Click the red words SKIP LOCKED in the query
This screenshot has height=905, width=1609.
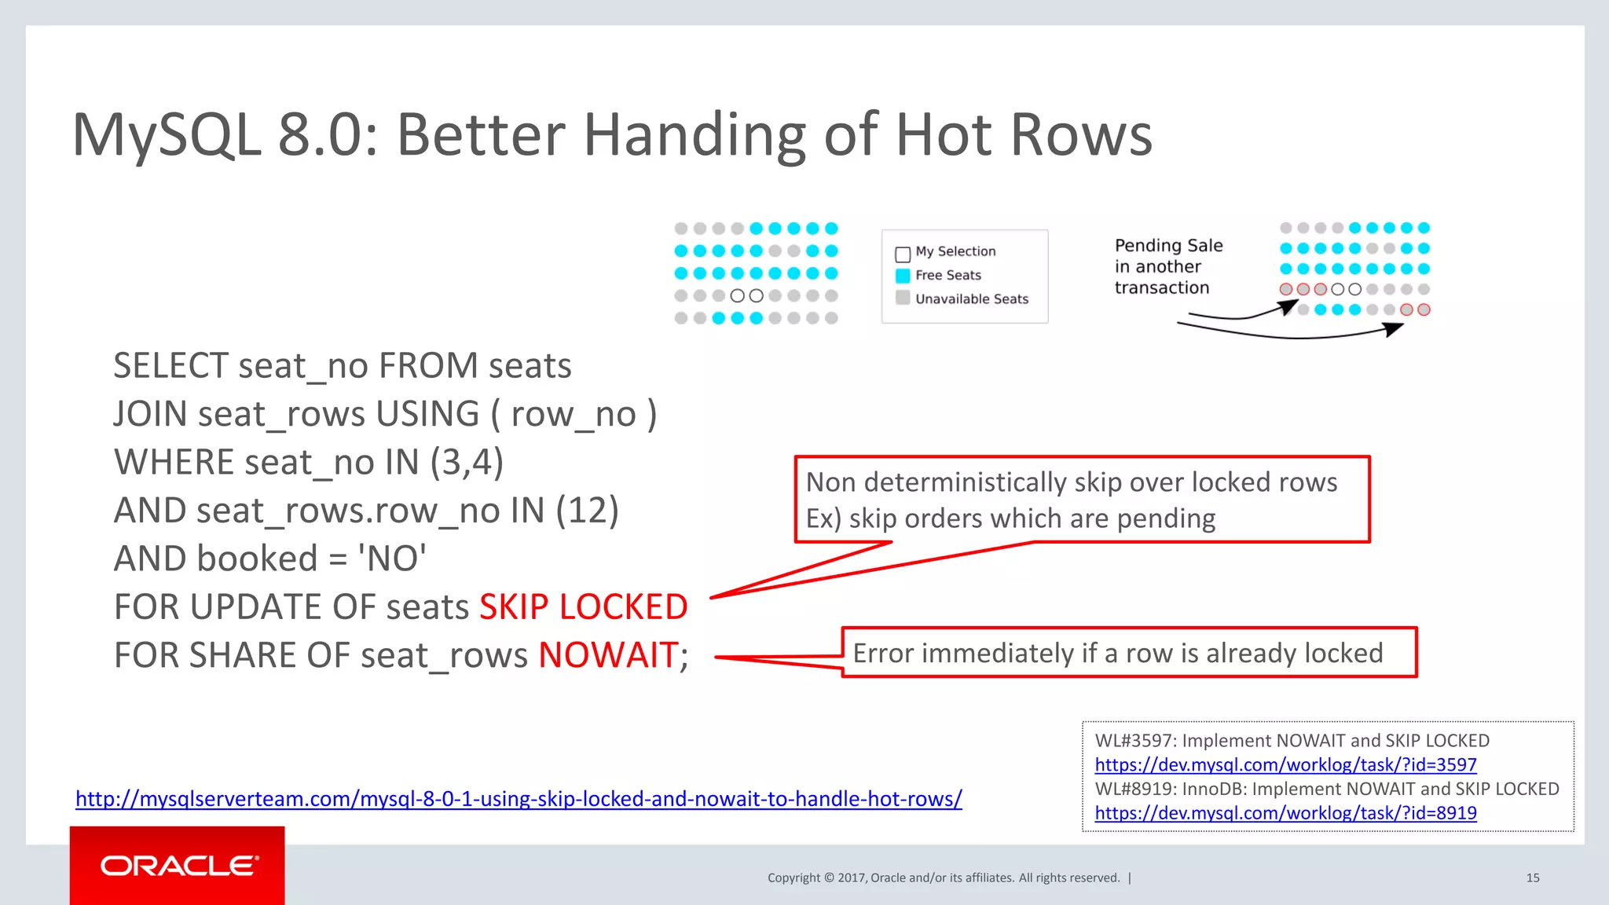pyautogui.click(x=583, y=607)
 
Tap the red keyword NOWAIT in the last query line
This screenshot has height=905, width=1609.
pyautogui.click(x=608, y=655)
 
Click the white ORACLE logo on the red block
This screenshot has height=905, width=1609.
pyautogui.click(x=179, y=866)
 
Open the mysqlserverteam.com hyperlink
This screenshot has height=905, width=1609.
pyautogui.click(x=519, y=799)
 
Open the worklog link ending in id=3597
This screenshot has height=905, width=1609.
pyautogui.click(x=1285, y=764)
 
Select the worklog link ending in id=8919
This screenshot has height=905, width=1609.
pyautogui.click(x=1285, y=813)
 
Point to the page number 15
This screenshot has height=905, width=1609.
pyautogui.click(x=1532, y=878)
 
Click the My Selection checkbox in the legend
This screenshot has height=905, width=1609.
pyautogui.click(x=903, y=254)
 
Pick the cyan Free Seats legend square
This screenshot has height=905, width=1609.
pyautogui.click(x=903, y=276)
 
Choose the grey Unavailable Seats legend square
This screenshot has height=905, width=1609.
pyautogui.click(x=903, y=298)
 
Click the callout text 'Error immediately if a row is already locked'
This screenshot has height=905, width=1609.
pyautogui.click(x=1117, y=653)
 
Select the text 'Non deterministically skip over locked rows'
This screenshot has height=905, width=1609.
pyautogui.click(x=1072, y=482)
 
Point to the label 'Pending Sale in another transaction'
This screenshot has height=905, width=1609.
pyautogui.click(x=1167, y=267)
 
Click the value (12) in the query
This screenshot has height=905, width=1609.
pyautogui.click(x=587, y=511)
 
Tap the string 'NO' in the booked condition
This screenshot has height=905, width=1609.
pyautogui.click(x=391, y=559)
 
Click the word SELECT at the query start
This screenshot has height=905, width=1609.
pyautogui.click(x=171, y=366)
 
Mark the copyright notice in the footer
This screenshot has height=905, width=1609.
pyautogui.click(x=943, y=878)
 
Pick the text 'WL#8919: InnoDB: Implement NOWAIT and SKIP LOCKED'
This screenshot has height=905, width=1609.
pyautogui.click(x=1326, y=789)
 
